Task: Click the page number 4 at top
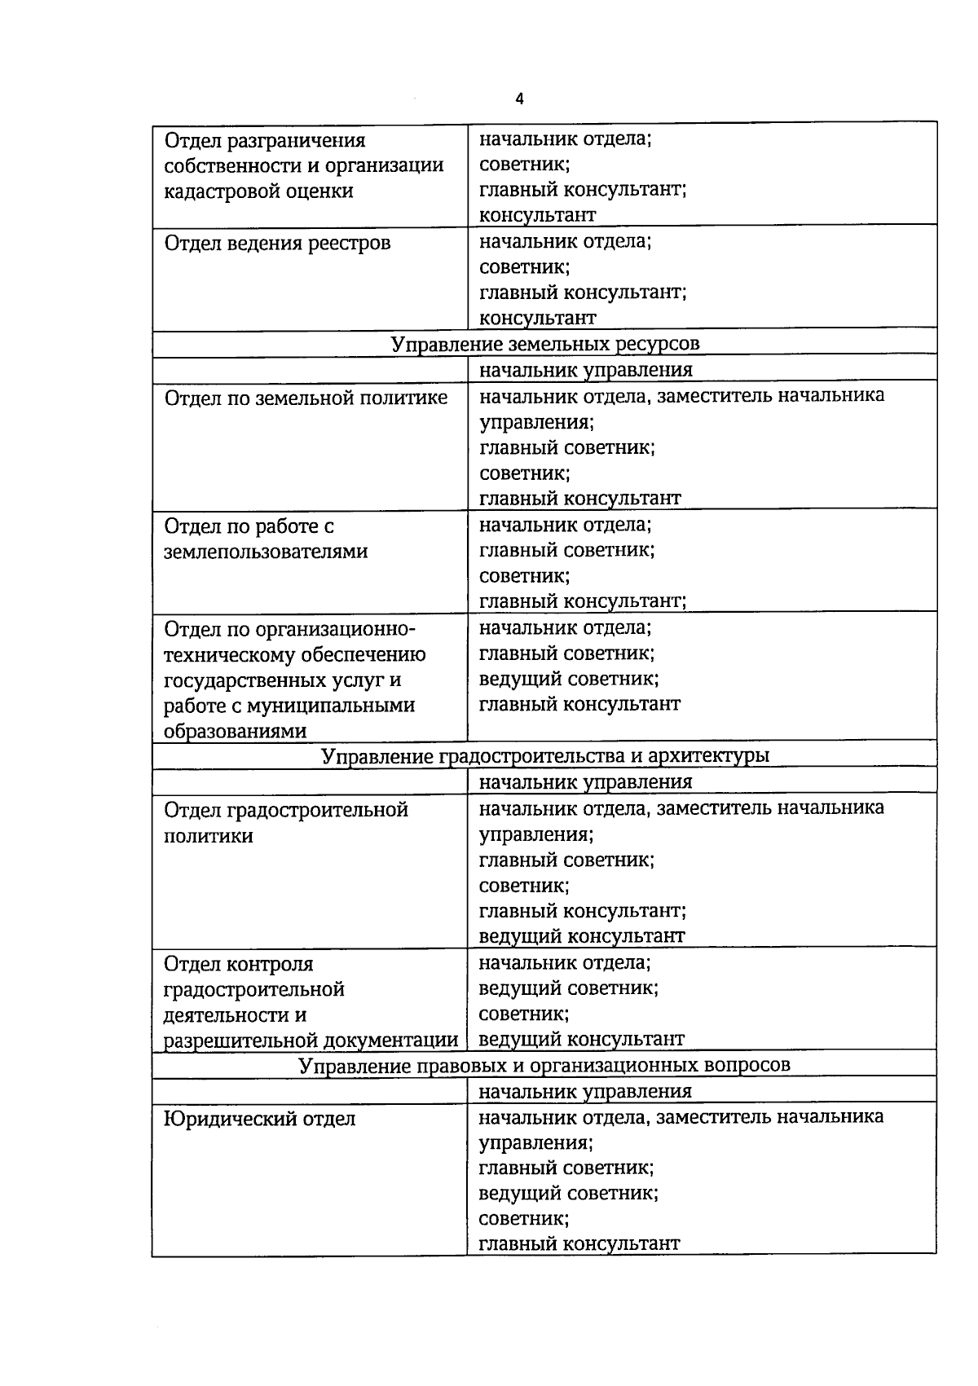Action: coord(519,99)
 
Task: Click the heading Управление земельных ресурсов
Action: coord(544,344)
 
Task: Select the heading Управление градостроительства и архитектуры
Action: coord(544,756)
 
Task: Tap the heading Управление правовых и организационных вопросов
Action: coord(544,1065)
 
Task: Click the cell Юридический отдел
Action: coord(260,1119)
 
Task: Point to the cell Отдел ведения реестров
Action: coord(277,243)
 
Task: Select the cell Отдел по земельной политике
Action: coord(306,398)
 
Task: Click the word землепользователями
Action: coord(266,552)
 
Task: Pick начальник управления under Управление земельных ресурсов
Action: coord(585,370)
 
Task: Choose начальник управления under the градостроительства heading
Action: coord(585,782)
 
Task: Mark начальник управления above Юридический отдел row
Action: coord(585,1091)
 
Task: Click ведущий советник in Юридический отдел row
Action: coord(568,1193)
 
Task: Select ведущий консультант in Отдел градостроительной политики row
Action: coord(581,936)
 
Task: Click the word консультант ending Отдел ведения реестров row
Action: coord(537,318)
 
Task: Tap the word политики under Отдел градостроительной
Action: coord(209,836)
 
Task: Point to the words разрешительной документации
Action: coord(311,1041)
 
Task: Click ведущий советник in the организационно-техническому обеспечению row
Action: coord(568,679)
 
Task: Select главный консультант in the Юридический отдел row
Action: coord(579,1243)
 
